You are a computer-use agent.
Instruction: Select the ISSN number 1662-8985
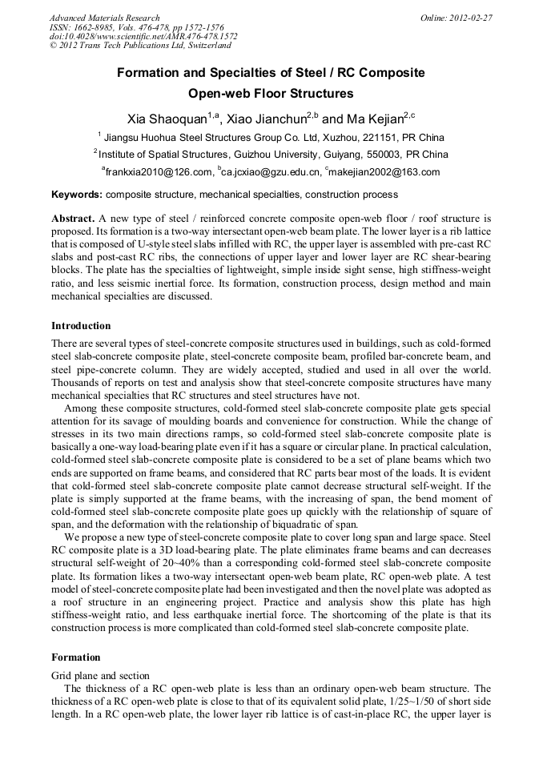tap(100, 27)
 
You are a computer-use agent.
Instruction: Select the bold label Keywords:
tap(76, 195)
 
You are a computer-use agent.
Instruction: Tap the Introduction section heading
tap(81, 326)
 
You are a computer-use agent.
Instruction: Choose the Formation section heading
tap(76, 657)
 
